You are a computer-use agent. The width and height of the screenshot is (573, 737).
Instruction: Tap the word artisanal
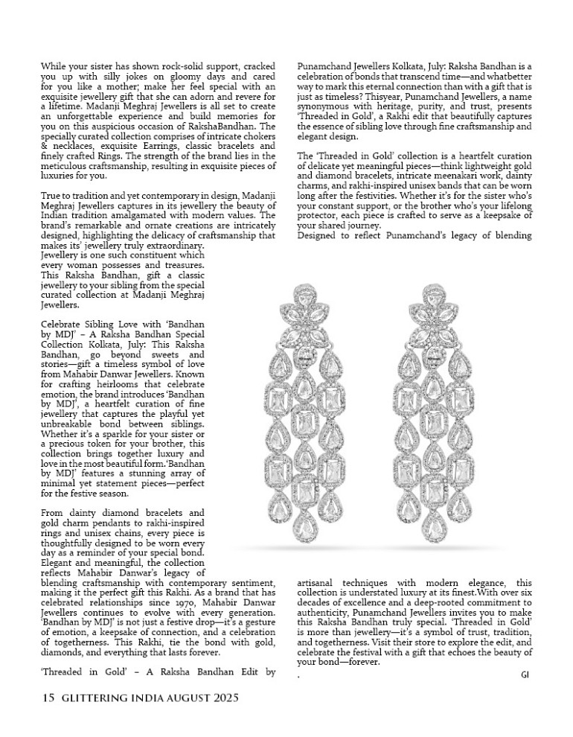319,582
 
